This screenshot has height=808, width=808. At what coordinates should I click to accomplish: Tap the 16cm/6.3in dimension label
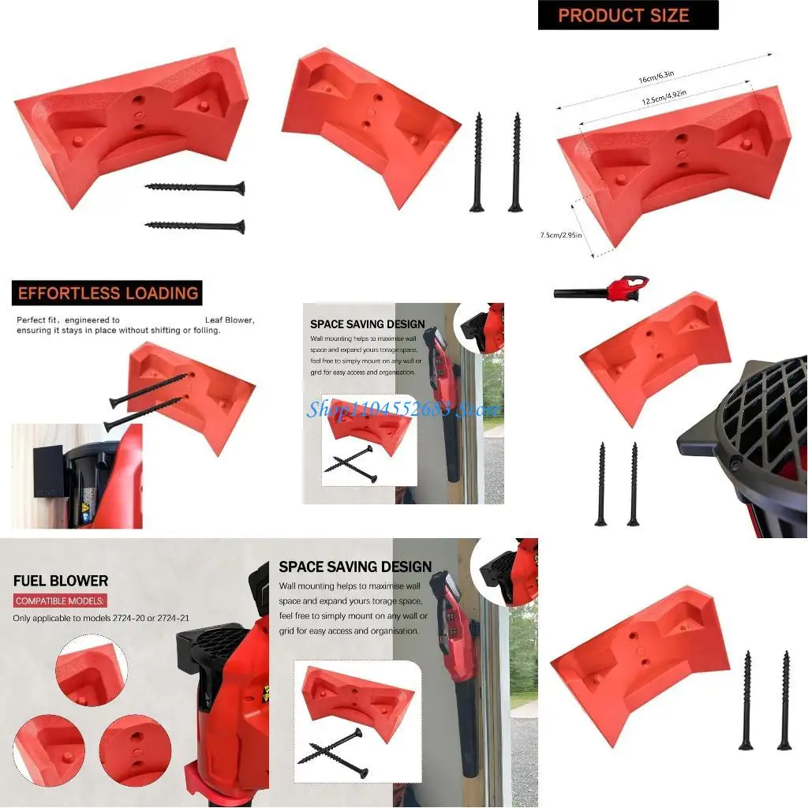click(656, 77)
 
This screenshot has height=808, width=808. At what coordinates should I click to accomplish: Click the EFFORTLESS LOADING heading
click(107, 294)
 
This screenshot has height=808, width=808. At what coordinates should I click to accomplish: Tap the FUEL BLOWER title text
click(61, 581)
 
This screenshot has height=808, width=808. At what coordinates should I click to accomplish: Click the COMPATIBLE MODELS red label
click(59, 601)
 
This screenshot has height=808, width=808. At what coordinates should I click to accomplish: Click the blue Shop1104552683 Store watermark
click(403, 409)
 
